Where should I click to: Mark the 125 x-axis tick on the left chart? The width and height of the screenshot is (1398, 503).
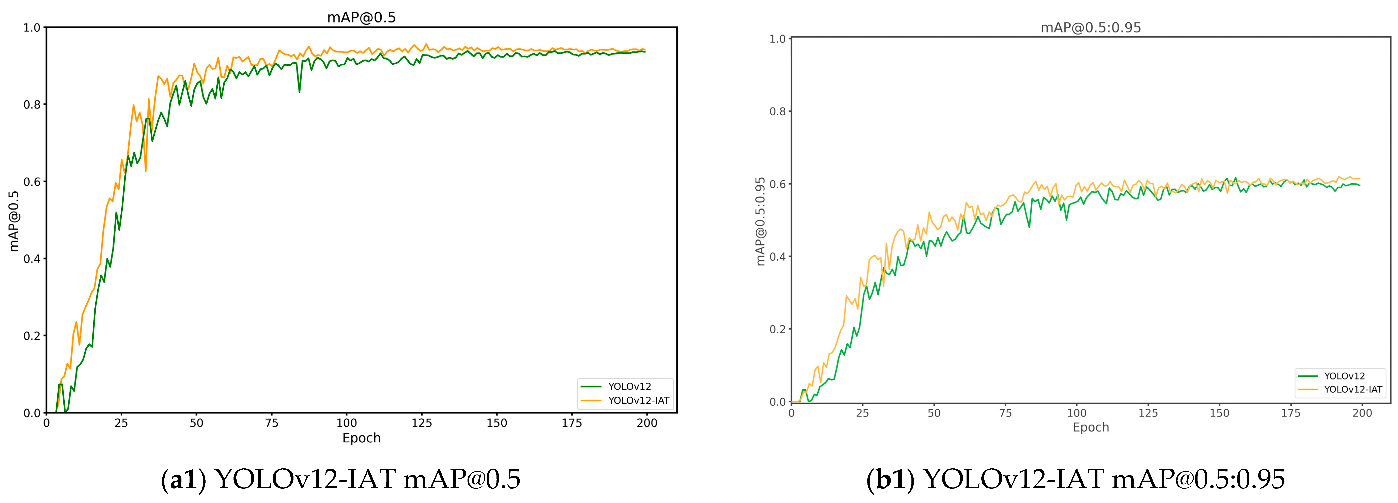[x=422, y=423]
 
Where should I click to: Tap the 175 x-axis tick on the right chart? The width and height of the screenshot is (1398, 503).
[x=1291, y=413]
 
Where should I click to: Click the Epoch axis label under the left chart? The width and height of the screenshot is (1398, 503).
[x=361, y=438]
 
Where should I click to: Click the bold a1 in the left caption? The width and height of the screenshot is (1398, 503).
[x=183, y=479]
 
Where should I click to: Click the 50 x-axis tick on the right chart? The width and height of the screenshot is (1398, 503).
[x=934, y=413]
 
